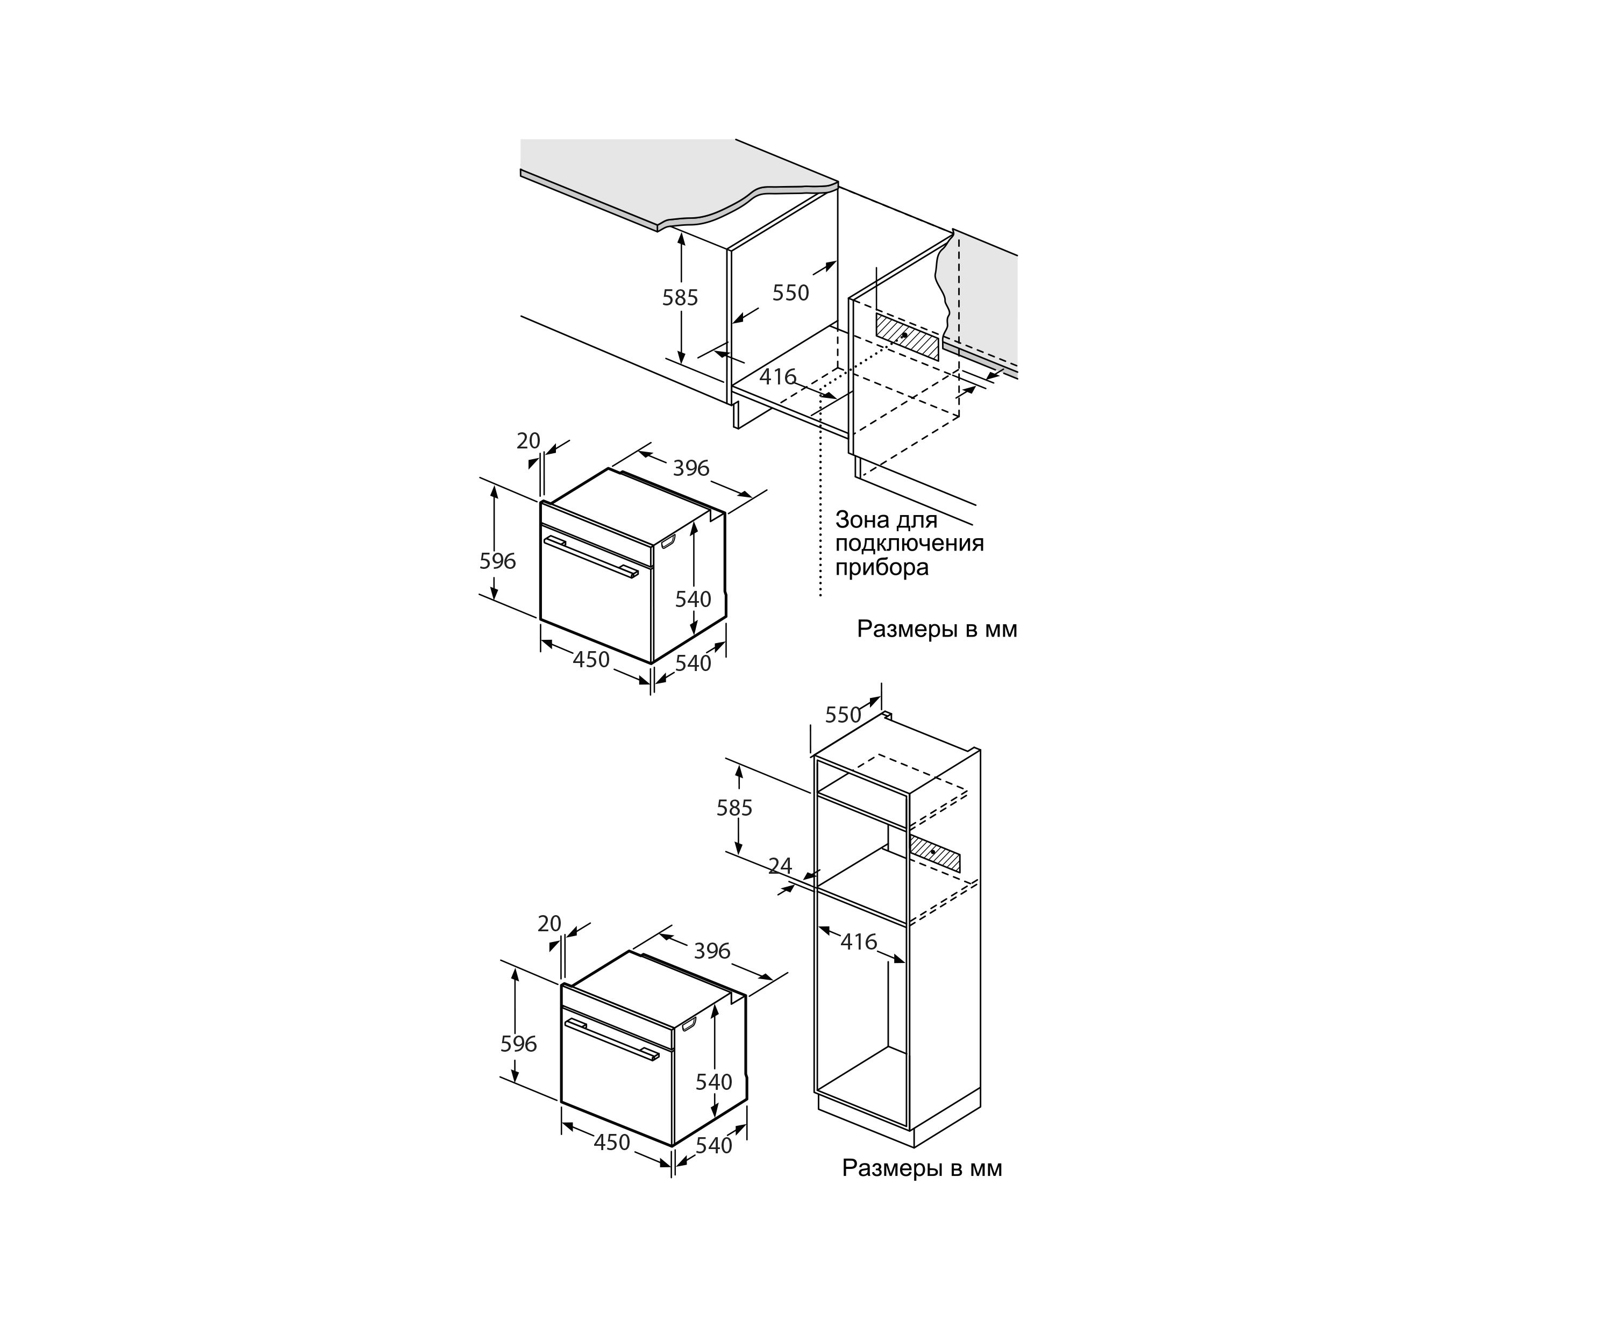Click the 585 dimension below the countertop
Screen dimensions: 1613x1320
pos(680,297)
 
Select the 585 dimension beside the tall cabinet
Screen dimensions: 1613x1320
pos(734,808)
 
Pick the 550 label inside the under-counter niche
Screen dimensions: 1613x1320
pos(791,292)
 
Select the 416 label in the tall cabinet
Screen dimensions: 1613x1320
pos(859,942)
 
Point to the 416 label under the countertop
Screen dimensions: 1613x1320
pos(778,376)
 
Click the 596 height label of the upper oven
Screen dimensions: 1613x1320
pos(497,561)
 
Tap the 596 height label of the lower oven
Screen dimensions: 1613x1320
pos(519,1044)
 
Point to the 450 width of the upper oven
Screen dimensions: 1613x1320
pos(591,659)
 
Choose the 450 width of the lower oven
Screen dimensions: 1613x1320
pos(612,1142)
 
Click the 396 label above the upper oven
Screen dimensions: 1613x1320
pos(691,468)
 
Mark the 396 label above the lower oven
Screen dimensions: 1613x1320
pos(712,951)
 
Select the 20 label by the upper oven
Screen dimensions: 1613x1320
pos(529,441)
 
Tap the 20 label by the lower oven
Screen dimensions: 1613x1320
pos(549,924)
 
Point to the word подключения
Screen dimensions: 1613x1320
pos(910,544)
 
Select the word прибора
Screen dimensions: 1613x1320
pos(882,568)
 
